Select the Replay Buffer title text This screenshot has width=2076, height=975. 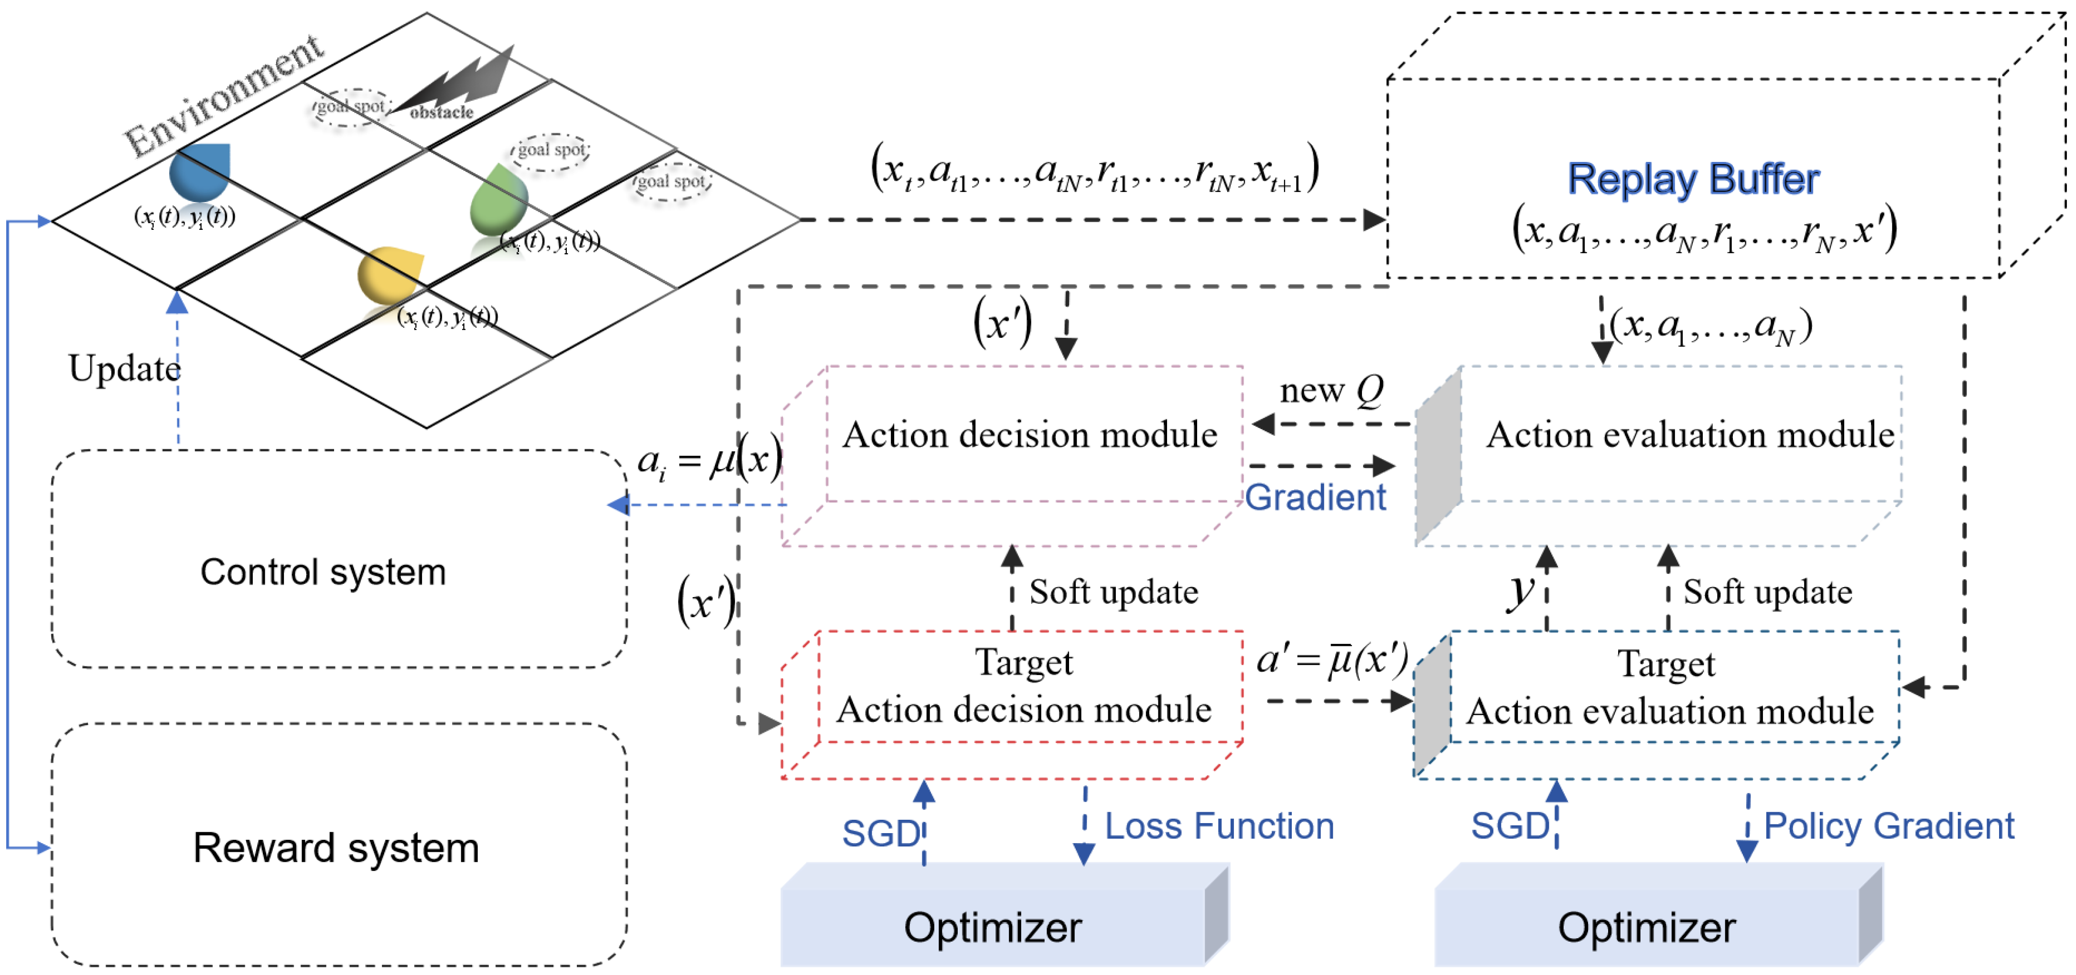tap(1692, 179)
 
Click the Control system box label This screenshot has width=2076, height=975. tap(323, 572)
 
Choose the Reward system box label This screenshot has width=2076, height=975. tap(335, 847)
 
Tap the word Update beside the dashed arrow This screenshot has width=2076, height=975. tap(124, 369)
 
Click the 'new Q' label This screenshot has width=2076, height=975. tap(1331, 391)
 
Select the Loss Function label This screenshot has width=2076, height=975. tap(1219, 826)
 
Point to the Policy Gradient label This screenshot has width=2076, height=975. tap(1888, 826)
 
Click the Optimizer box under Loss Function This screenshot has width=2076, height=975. tap(993, 927)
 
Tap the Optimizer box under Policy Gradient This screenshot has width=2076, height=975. tap(1646, 927)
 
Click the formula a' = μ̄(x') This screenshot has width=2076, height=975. tap(1331, 659)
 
